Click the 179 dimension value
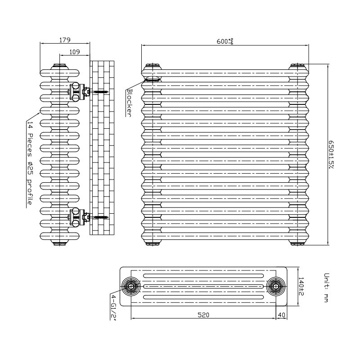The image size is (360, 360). (65, 40)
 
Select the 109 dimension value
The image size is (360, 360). (75, 52)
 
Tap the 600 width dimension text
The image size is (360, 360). (225, 41)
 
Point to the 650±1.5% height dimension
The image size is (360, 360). (331, 154)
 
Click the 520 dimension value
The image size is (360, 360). (203, 315)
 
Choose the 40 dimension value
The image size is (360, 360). (282, 315)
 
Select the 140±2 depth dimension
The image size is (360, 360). (301, 286)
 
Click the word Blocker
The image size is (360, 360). (130, 103)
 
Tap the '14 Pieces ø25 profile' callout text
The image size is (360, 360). (30, 163)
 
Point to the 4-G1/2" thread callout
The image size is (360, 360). (113, 307)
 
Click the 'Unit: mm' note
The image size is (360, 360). (326, 288)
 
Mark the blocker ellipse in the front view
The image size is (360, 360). (152, 80)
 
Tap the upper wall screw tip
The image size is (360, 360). (108, 92)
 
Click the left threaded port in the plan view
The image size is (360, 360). (131, 286)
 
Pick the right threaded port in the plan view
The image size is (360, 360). (276, 286)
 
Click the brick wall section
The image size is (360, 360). (102, 148)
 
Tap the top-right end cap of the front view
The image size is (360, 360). (297, 67)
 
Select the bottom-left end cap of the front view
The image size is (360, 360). (152, 243)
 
